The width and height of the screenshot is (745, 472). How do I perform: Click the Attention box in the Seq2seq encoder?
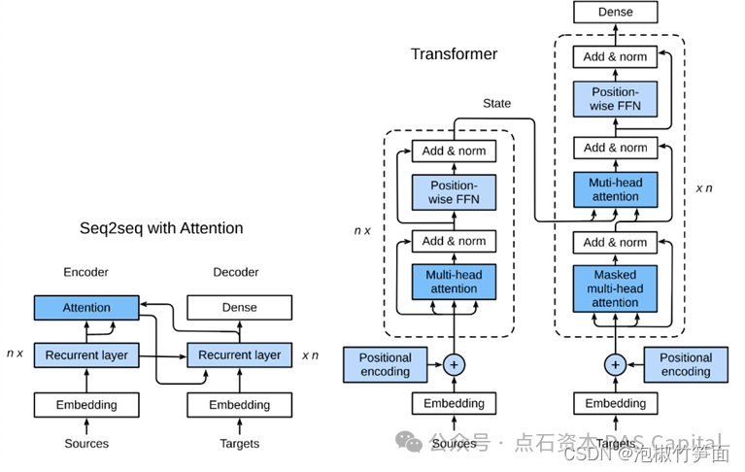(x=86, y=308)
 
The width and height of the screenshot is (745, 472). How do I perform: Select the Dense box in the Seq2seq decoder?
(x=239, y=308)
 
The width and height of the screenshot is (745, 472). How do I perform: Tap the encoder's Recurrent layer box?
(x=86, y=355)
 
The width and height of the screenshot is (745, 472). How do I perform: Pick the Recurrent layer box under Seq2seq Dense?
(x=239, y=355)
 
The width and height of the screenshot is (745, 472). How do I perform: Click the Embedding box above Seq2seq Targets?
(x=239, y=404)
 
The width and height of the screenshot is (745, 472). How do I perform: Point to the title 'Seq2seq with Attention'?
(x=161, y=228)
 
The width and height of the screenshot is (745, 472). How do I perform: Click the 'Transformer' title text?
(x=454, y=53)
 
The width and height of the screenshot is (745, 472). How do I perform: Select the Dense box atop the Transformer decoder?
(x=615, y=13)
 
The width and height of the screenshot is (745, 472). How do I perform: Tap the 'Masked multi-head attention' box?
(x=615, y=288)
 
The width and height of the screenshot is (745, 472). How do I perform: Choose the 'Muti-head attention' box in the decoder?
(x=615, y=189)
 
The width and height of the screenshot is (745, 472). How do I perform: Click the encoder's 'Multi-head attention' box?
(x=454, y=282)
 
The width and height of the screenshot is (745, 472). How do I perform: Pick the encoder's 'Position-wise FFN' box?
(x=454, y=192)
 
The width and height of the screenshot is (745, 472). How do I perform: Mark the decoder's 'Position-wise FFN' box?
(x=615, y=98)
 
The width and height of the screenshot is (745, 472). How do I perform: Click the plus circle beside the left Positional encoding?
(x=454, y=365)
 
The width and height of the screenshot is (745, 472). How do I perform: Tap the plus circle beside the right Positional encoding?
(x=615, y=365)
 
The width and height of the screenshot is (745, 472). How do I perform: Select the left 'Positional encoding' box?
(x=385, y=364)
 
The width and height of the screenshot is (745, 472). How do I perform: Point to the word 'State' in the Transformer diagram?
(x=496, y=103)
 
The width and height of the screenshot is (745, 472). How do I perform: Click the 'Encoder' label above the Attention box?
(x=86, y=272)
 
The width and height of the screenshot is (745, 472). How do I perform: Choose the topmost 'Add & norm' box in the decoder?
(x=615, y=57)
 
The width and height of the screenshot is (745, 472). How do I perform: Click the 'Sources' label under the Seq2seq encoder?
(x=86, y=444)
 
